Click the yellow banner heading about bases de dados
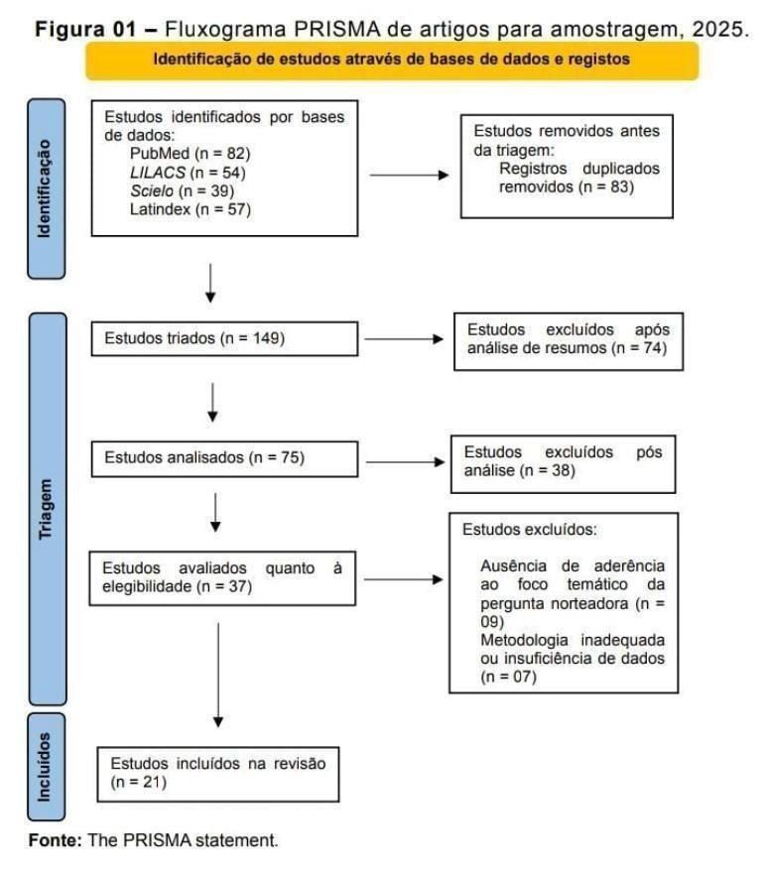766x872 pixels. [x=391, y=60]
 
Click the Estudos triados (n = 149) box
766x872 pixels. [x=223, y=338]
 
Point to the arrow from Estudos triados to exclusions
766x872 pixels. [x=404, y=338]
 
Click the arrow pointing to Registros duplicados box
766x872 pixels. [x=409, y=178]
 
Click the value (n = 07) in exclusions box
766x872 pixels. [x=508, y=678]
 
